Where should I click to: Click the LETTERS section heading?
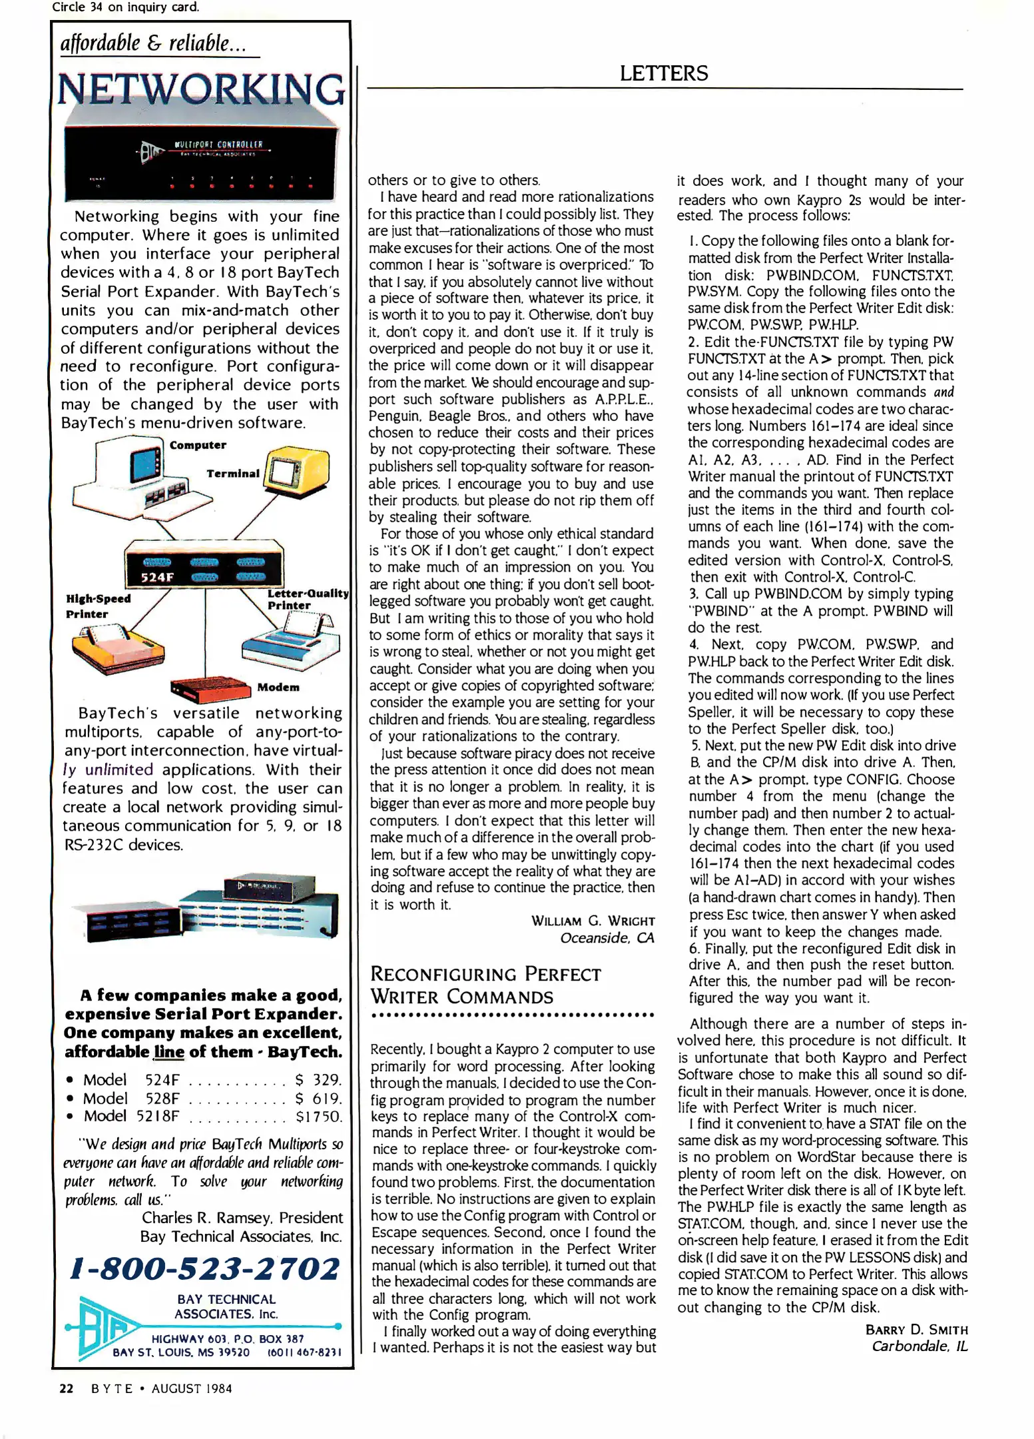[663, 73]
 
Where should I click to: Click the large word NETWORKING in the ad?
[201, 89]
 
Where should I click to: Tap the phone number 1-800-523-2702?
[205, 1268]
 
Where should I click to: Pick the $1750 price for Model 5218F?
[318, 1116]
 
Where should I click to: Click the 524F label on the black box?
[157, 577]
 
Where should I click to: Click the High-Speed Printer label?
[98, 606]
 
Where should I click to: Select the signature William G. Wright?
[593, 921]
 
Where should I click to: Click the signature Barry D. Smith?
[916, 1330]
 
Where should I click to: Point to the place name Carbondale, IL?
[919, 1346]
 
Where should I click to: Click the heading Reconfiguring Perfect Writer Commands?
[485, 985]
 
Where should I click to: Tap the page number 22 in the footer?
[67, 1388]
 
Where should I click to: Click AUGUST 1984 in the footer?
[192, 1388]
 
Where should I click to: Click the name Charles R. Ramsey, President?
[242, 1218]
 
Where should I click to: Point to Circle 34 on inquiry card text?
[125, 7]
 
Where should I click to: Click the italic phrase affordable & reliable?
[153, 43]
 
